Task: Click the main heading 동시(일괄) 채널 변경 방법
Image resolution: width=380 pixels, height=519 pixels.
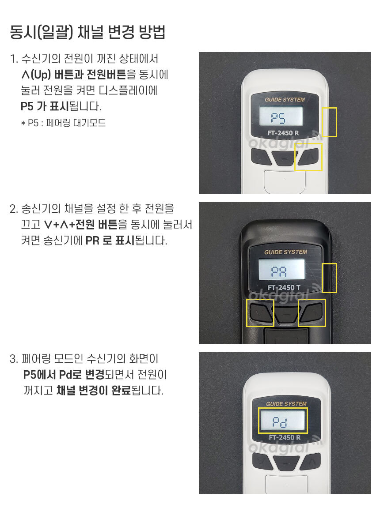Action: coord(87,32)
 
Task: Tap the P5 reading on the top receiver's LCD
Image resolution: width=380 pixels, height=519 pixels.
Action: coord(278,117)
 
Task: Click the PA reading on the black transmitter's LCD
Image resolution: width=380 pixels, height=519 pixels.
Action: coord(279,271)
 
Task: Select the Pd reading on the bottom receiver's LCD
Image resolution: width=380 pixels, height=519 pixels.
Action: coord(280,422)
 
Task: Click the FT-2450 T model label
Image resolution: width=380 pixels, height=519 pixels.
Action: coord(284,287)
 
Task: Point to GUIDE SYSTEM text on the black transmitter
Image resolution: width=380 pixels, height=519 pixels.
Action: coord(285,252)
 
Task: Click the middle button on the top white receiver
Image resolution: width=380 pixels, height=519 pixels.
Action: coord(284,158)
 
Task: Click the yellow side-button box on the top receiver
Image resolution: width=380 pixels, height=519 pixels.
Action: coord(329,122)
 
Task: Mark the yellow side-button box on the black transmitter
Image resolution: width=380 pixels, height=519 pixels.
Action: coord(329,278)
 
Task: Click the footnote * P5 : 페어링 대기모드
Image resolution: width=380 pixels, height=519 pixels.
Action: coord(63,123)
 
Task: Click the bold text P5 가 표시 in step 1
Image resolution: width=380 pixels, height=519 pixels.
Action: coord(45,107)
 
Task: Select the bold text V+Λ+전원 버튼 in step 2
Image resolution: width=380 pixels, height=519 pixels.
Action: coord(81,224)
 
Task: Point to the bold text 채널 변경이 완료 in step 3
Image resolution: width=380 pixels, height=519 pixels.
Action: coord(94,391)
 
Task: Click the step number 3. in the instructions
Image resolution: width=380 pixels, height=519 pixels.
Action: coord(14,359)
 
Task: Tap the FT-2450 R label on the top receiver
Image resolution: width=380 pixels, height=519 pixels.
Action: coord(283,133)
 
